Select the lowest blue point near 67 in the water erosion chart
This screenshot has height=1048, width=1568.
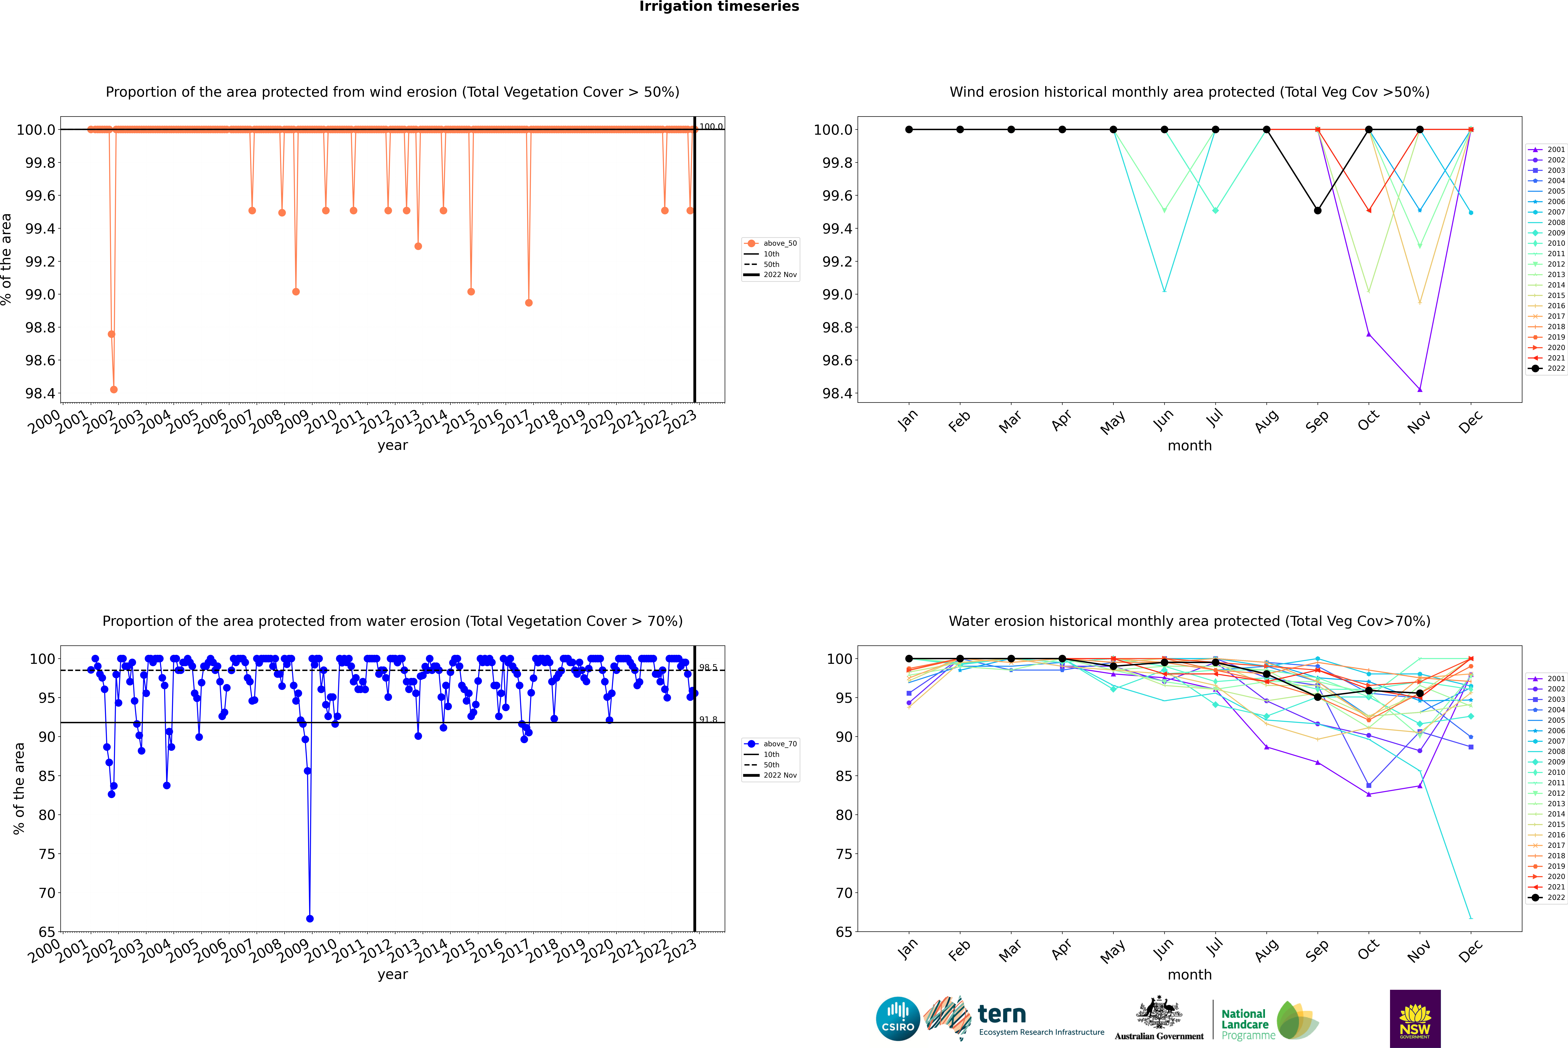click(310, 918)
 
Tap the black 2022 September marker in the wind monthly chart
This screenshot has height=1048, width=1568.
click(1317, 210)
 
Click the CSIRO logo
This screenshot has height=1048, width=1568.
click(898, 1019)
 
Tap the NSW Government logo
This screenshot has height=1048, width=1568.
click(1415, 1019)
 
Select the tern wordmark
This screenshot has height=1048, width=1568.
click(1001, 1015)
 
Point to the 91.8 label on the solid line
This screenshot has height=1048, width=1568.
click(708, 720)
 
